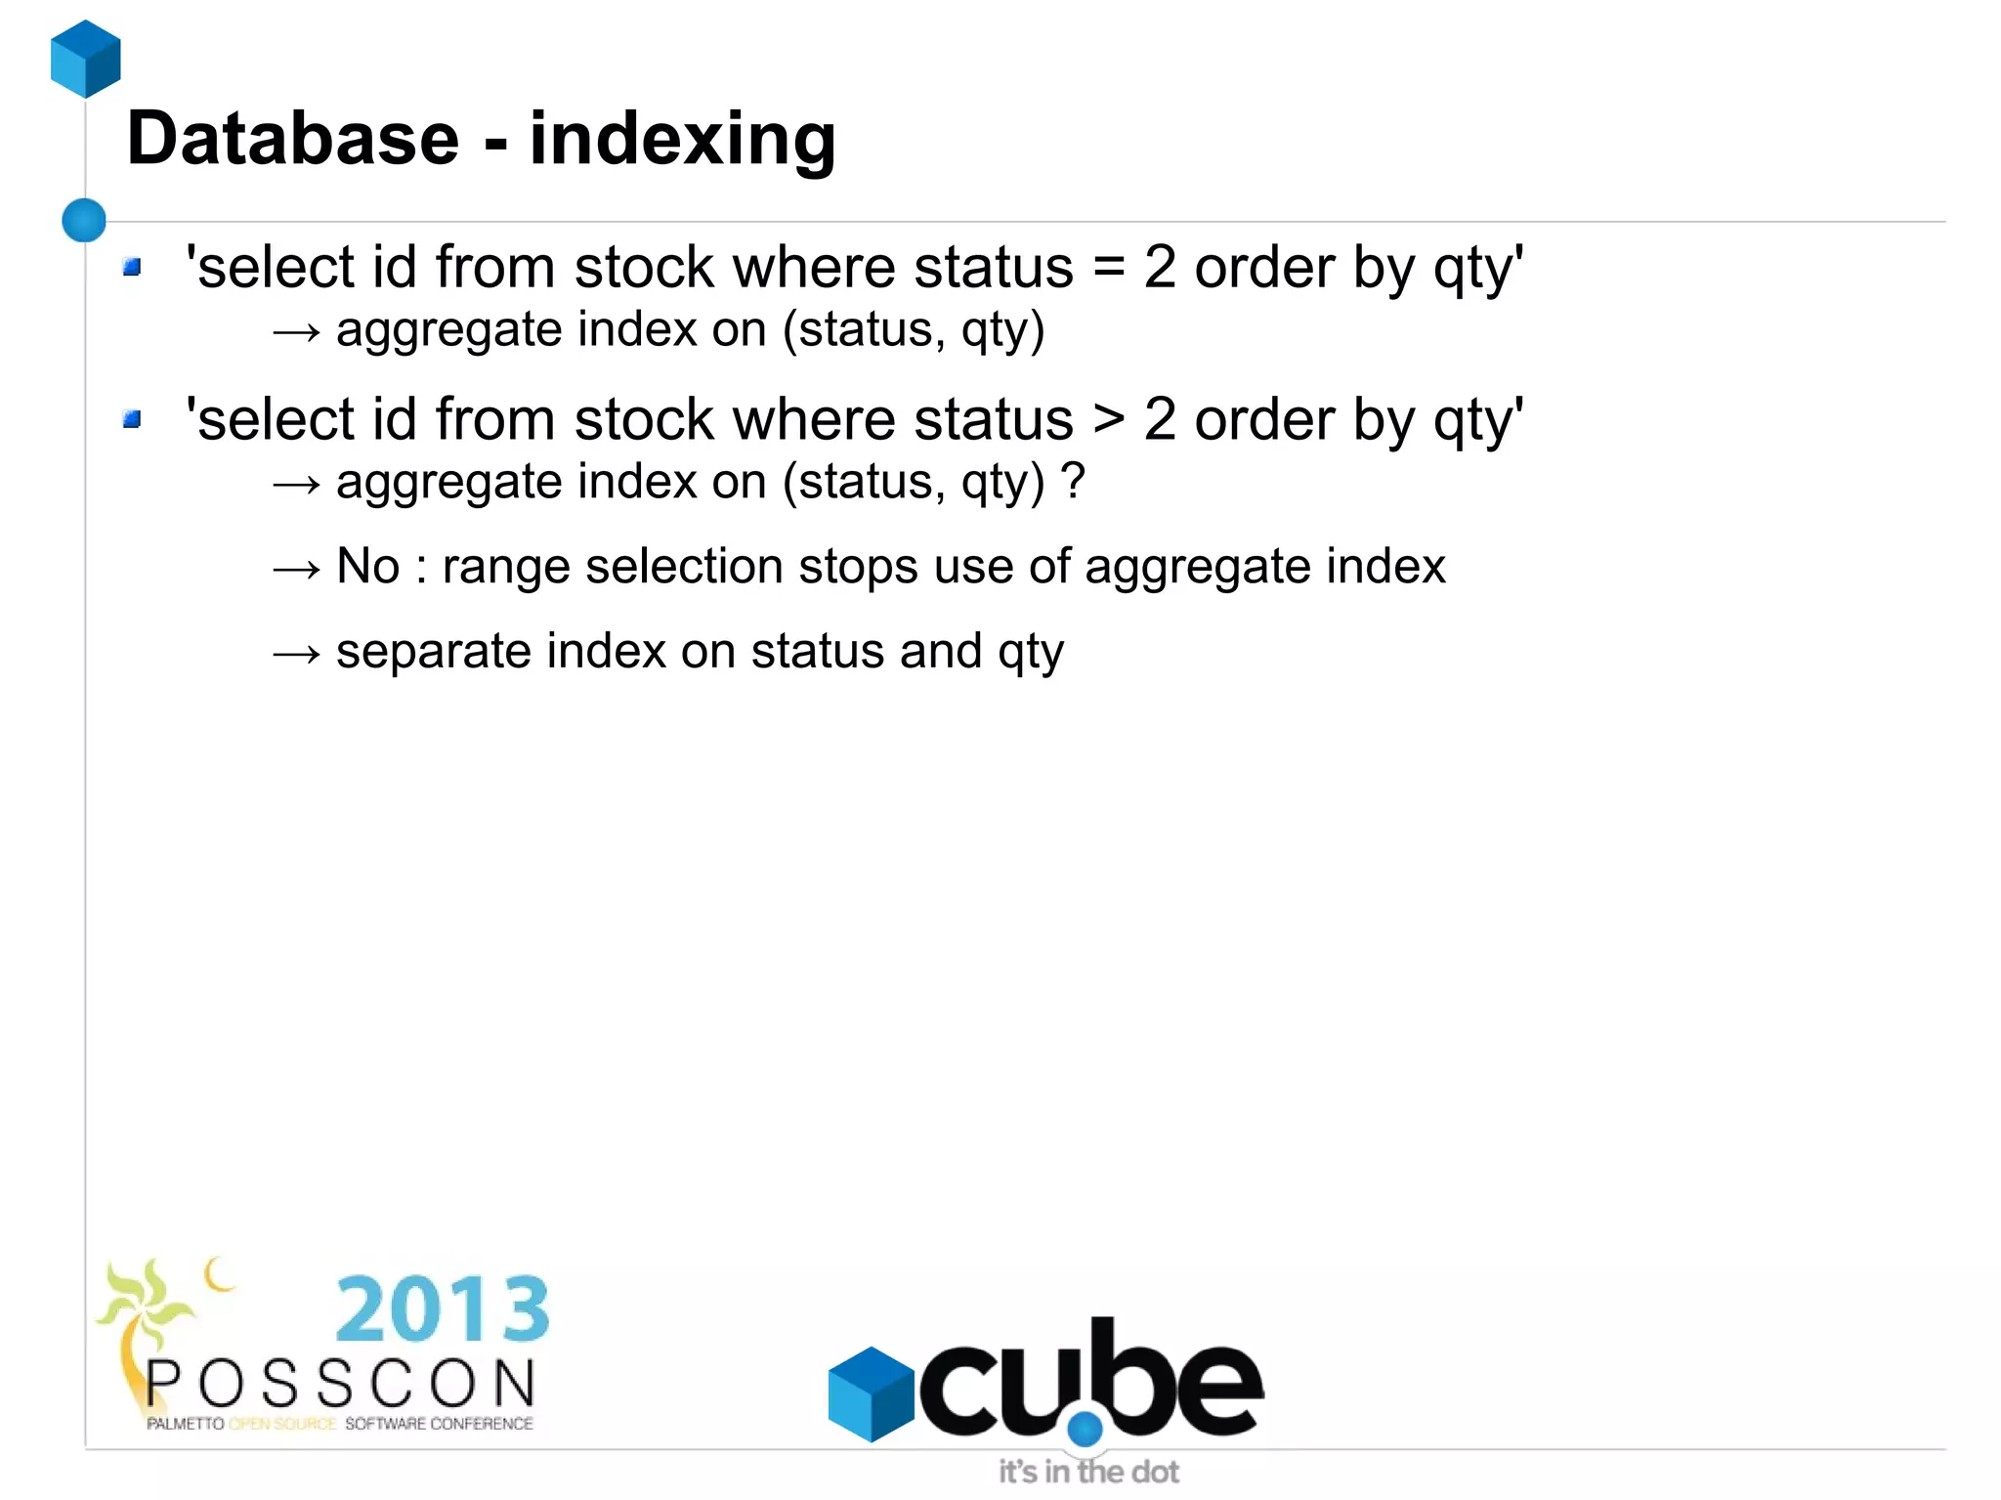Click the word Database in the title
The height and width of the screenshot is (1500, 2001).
(293, 139)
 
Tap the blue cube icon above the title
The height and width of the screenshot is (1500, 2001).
(86, 60)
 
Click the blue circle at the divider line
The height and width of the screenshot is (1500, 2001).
(84, 220)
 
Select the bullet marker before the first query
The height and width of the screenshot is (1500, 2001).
(133, 267)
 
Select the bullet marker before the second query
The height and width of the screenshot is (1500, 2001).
(133, 419)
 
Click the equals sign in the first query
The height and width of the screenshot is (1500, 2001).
(1109, 268)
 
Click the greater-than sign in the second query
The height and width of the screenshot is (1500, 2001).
(1109, 420)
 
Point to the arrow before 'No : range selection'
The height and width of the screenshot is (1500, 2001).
(296, 569)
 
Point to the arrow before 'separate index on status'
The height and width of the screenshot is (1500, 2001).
(296, 653)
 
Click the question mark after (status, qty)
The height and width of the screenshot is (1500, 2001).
(1073, 481)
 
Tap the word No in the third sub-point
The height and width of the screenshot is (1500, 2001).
(367, 566)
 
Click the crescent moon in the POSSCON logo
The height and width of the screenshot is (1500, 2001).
(219, 1274)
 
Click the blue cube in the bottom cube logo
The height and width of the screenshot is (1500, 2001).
(870, 1393)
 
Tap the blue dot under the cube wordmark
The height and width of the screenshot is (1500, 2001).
(1085, 1429)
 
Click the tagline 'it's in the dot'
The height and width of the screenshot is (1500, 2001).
(1088, 1472)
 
